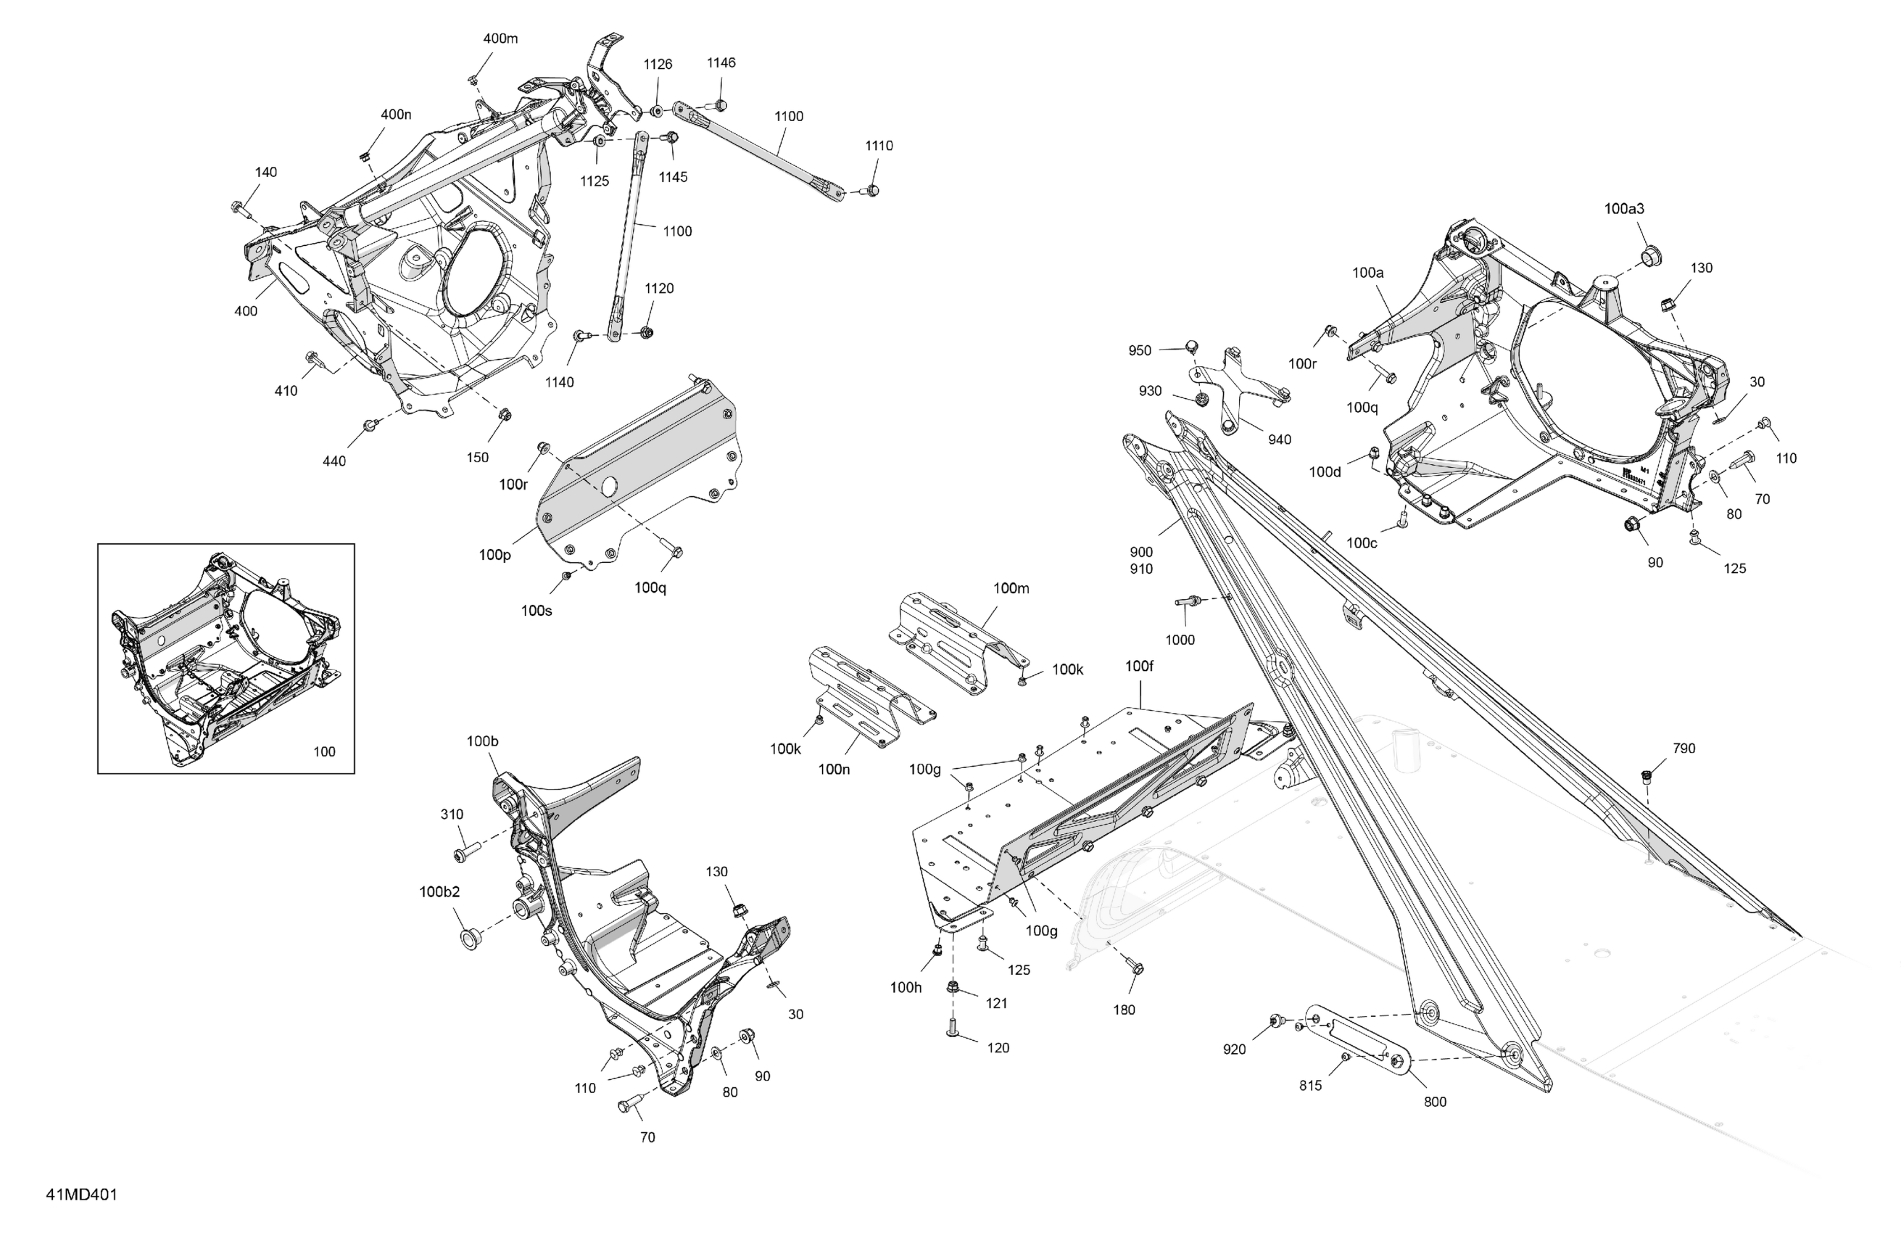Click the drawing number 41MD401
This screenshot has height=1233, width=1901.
[81, 1195]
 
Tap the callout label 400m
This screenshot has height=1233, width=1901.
[500, 38]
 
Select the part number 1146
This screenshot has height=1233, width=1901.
[721, 62]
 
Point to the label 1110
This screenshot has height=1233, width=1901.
[879, 146]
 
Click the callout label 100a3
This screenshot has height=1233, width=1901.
[1624, 209]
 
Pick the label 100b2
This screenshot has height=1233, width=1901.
[439, 892]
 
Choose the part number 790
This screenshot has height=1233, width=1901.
[1683, 748]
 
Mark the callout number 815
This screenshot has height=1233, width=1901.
[1310, 1085]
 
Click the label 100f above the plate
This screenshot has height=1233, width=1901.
[1139, 666]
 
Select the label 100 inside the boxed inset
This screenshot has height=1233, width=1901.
[324, 751]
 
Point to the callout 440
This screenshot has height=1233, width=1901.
[334, 461]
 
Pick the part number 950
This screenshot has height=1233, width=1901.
[1140, 350]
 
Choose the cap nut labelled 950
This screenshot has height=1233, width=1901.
[1191, 346]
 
